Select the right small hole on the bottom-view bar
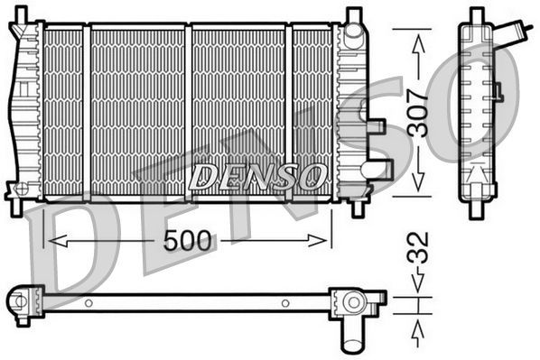tap(285, 302)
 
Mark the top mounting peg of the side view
tap(477, 14)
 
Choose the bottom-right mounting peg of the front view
tap(358, 207)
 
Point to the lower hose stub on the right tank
tap(382, 169)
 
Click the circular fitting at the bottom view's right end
tap(352, 301)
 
